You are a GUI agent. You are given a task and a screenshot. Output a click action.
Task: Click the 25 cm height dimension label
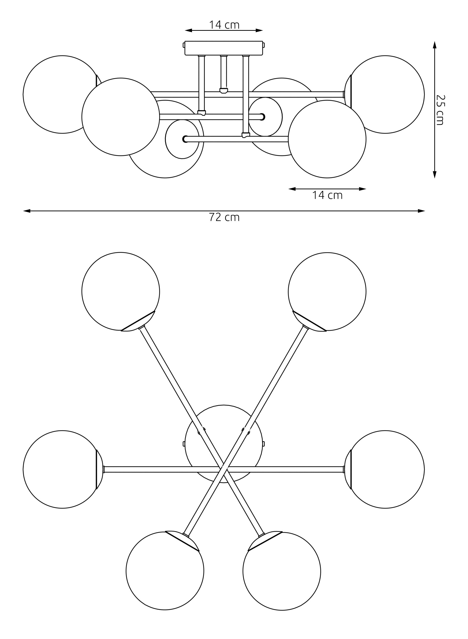click(x=440, y=110)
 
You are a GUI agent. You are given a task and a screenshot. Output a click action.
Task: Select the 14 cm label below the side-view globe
click(x=327, y=195)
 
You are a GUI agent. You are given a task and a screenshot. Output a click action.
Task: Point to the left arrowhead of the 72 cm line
click(x=27, y=211)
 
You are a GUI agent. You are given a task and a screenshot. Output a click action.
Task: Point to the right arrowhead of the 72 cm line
click(x=422, y=211)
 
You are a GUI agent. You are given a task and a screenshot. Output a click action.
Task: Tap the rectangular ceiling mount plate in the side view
click(x=224, y=48)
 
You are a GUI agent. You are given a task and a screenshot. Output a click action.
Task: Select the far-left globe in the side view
click(x=62, y=94)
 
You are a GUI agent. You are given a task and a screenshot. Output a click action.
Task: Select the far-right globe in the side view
click(x=384, y=94)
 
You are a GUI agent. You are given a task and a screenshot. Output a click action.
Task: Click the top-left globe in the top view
click(x=121, y=291)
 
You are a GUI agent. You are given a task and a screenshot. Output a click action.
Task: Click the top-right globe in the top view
click(x=327, y=291)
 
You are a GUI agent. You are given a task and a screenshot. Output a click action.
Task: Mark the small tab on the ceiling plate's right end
click(x=264, y=45)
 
